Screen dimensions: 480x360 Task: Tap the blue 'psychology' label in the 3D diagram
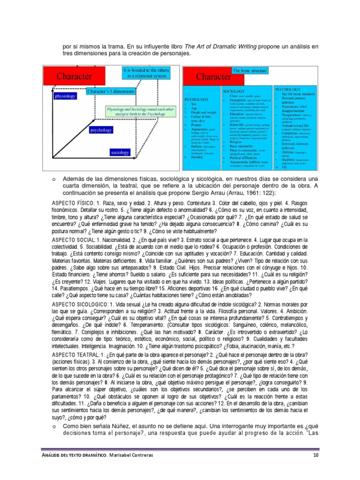pyautogui.click(x=100, y=130)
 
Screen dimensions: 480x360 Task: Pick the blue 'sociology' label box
pyautogui.click(x=120, y=152)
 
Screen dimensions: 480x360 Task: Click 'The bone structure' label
pyautogui.click(x=250, y=70)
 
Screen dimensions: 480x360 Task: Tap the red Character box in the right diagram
pyautogui.click(x=213, y=76)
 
